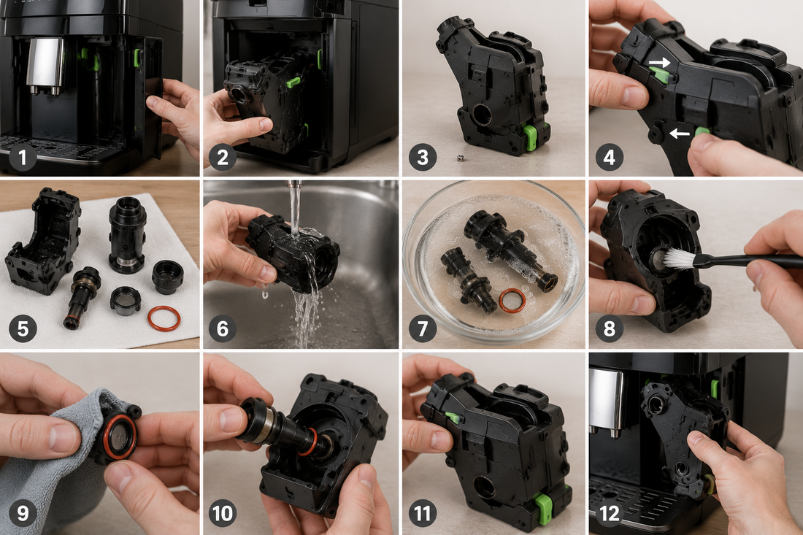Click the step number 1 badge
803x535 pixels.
tap(23, 157)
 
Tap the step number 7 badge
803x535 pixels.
tap(423, 328)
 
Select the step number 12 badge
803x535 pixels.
tap(609, 513)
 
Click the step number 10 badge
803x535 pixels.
tap(222, 513)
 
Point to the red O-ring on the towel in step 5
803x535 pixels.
tap(164, 318)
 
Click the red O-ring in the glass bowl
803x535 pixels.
tap(512, 301)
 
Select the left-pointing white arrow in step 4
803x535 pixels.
tap(680, 134)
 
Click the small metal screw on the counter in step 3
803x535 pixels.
tap(459, 158)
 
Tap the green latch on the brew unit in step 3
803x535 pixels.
tap(529, 137)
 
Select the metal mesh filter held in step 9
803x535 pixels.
tap(120, 435)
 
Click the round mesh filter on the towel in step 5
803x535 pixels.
tap(125, 298)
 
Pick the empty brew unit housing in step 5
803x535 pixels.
tap(43, 241)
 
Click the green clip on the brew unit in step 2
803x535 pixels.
tap(293, 82)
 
